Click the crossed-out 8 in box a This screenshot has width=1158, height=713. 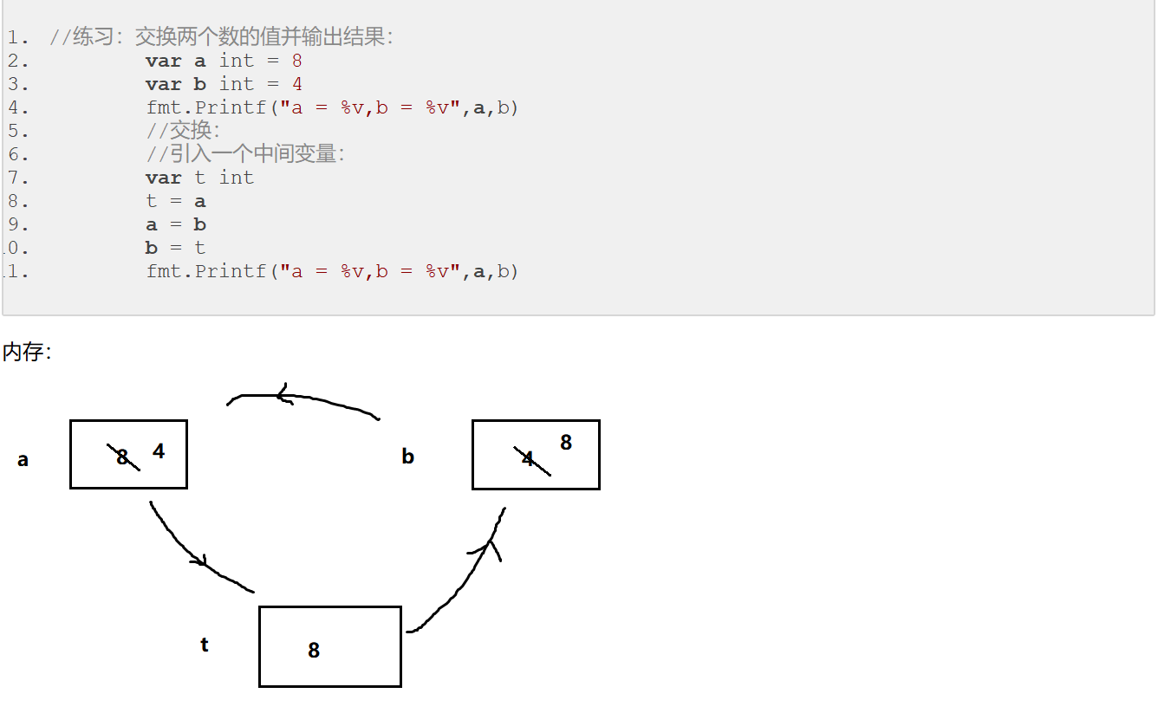click(123, 457)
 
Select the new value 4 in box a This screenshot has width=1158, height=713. click(159, 451)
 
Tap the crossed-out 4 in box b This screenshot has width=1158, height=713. click(529, 459)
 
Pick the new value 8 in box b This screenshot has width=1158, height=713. click(566, 443)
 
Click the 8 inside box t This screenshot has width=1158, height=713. click(314, 650)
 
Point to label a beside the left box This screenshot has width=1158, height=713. click(23, 460)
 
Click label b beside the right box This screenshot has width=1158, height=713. click(407, 457)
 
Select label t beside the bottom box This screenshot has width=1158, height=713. click(205, 645)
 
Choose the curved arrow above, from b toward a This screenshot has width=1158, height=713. click(303, 399)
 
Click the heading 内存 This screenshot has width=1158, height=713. click(27, 352)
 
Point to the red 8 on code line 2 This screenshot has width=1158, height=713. click(297, 61)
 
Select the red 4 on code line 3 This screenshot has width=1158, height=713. click(297, 84)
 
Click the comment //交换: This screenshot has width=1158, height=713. click(183, 131)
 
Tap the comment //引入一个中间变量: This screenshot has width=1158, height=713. click(245, 154)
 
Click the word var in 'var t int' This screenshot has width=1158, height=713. click(163, 178)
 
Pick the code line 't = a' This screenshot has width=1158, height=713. click(176, 201)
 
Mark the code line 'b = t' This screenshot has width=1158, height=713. click(176, 248)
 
